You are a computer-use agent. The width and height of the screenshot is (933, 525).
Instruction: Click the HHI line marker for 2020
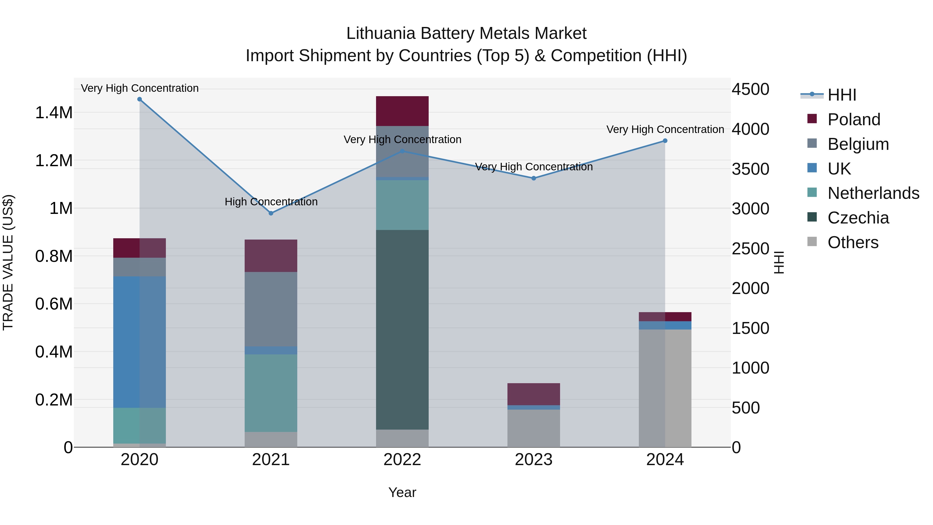point(139,99)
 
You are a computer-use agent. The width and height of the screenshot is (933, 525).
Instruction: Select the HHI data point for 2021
point(271,213)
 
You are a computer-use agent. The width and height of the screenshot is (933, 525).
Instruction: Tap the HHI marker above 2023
point(534,178)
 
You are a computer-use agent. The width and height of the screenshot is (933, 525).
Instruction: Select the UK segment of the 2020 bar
point(139,342)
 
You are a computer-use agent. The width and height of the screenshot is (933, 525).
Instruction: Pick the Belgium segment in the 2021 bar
point(271,309)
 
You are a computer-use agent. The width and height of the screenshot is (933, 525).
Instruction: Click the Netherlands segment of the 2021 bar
point(271,393)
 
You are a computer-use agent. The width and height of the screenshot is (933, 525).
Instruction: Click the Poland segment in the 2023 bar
point(534,394)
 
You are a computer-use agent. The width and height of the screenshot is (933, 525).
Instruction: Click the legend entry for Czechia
point(858,218)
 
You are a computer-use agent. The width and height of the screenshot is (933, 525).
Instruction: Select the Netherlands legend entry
point(873,193)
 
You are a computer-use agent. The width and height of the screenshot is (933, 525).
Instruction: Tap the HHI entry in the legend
point(841,95)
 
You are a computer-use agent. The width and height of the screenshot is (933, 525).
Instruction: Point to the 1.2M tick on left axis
point(54,160)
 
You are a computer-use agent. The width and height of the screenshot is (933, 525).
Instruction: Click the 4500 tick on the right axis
point(751,89)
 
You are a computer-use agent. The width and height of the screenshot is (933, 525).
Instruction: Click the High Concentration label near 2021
point(271,201)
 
